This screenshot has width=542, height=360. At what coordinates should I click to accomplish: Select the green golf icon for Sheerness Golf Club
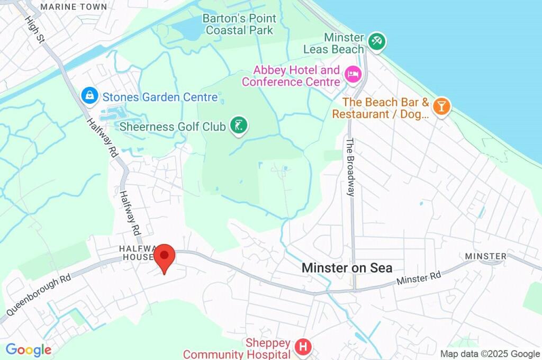coord(239,125)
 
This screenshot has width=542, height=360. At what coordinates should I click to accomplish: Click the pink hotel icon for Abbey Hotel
coord(351,74)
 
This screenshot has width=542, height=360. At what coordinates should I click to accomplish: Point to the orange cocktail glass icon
coord(440,105)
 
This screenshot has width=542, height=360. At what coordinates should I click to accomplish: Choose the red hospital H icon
coord(303,347)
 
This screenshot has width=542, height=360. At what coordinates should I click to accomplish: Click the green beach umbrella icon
coord(376,41)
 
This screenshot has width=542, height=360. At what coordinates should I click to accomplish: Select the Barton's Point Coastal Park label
coord(240,24)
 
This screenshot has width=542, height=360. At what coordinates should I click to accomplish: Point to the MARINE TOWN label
coord(74,7)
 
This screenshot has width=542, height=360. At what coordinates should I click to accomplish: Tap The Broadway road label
coord(350,167)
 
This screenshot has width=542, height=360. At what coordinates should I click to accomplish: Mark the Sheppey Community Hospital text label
coord(238,349)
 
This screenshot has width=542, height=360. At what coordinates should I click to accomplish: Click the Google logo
coord(28,350)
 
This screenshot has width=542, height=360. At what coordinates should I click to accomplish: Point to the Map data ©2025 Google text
coord(490,354)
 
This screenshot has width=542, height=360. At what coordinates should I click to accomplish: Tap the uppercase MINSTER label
coord(485,256)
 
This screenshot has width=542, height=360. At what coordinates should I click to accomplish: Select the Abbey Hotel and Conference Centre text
coord(291,76)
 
